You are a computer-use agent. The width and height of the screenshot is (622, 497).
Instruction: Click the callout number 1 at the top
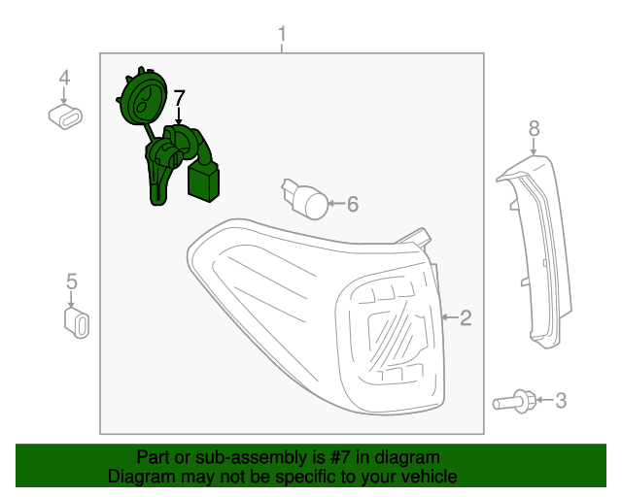coord(282,34)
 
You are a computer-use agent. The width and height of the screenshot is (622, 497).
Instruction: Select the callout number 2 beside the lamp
coord(466,317)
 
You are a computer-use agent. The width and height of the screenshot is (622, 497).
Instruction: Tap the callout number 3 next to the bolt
coord(561,400)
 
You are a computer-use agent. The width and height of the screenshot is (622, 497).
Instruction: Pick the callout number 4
coord(64,78)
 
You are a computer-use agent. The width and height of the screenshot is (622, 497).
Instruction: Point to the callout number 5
coord(71,282)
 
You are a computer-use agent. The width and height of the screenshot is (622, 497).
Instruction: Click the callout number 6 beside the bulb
coord(353,204)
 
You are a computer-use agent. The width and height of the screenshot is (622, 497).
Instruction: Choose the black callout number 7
coord(179,98)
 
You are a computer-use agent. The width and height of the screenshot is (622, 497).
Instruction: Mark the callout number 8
coord(534,129)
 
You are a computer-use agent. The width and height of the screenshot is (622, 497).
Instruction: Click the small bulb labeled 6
coord(305,199)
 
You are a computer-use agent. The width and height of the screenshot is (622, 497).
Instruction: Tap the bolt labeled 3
coord(514,402)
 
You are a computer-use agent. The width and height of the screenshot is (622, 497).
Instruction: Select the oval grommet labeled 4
coord(65,116)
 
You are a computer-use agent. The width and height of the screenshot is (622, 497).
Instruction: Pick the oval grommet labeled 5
coord(77,323)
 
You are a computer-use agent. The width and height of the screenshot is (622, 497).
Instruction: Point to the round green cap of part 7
coord(142,97)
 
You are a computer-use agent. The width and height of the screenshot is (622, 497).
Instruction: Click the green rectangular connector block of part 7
coord(203,183)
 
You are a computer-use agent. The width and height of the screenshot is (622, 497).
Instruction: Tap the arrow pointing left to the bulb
coord(337,204)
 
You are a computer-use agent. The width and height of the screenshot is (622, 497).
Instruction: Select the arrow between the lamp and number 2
coord(450,317)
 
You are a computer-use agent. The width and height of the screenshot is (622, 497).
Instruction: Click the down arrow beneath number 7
coord(179,116)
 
